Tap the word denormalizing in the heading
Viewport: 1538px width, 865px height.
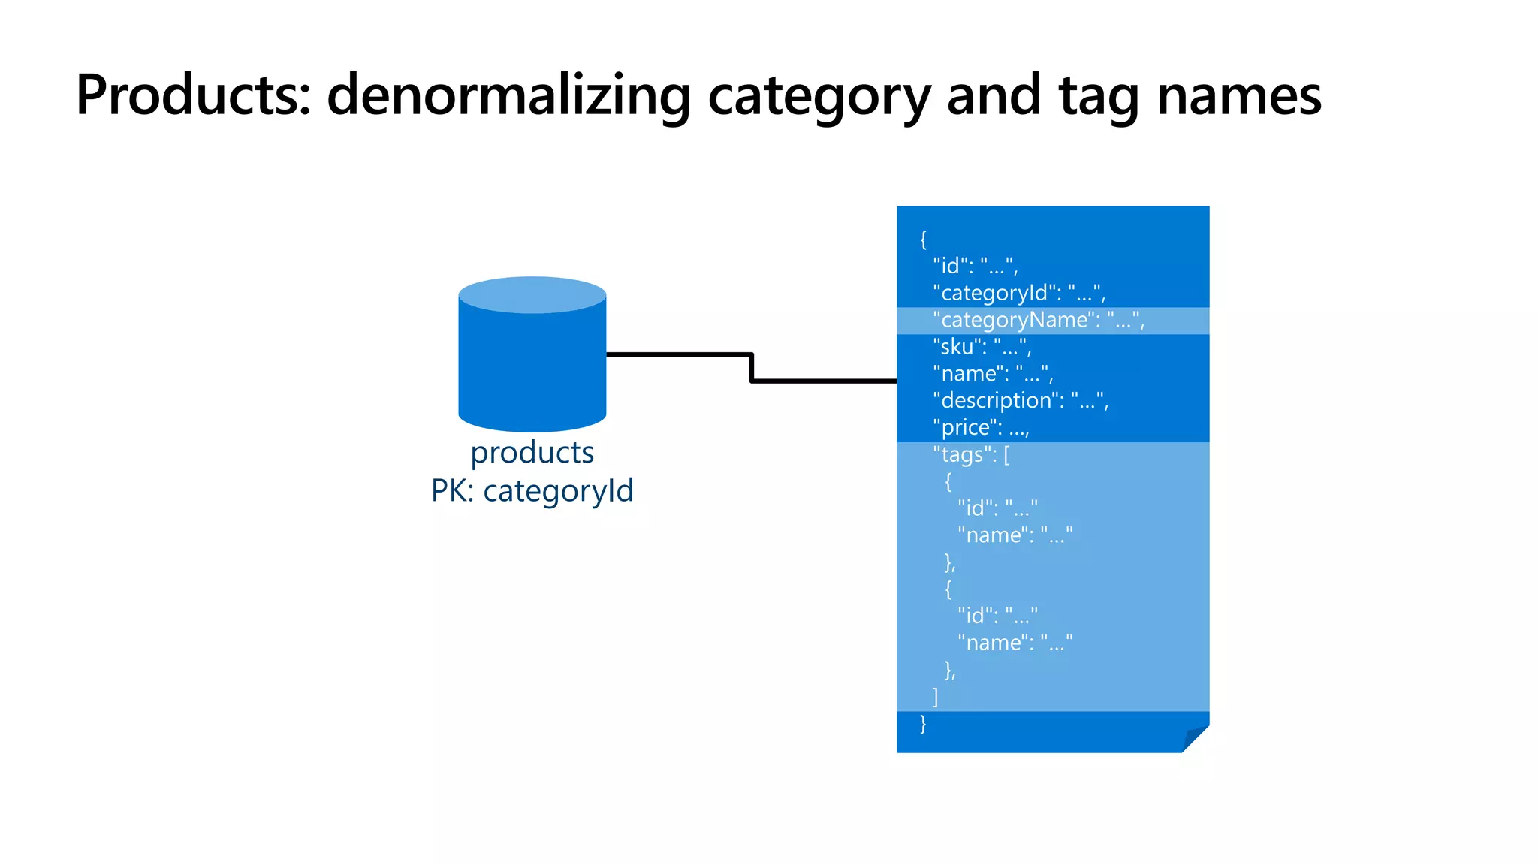pos(508,95)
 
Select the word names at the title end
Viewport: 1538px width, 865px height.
pos(1238,95)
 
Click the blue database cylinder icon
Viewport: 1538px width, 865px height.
pos(532,368)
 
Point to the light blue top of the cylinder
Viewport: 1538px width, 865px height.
pos(532,294)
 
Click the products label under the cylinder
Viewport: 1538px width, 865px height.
pos(532,453)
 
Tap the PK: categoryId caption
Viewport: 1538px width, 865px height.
pos(532,491)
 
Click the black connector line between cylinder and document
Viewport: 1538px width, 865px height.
pos(751,368)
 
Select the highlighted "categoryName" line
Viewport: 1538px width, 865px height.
pos(1038,321)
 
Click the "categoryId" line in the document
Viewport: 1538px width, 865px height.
pos(1018,293)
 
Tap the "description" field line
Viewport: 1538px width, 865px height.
pos(1020,401)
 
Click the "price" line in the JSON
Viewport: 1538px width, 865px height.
pos(980,428)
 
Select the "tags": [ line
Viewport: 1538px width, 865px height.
pos(970,455)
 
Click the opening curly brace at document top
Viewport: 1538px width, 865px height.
pos(924,240)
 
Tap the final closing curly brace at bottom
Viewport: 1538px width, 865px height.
pos(923,724)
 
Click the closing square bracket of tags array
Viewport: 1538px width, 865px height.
pos(935,697)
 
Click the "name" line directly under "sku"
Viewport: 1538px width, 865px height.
pos(992,374)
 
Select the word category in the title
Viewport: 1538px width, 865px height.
pos(819,95)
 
